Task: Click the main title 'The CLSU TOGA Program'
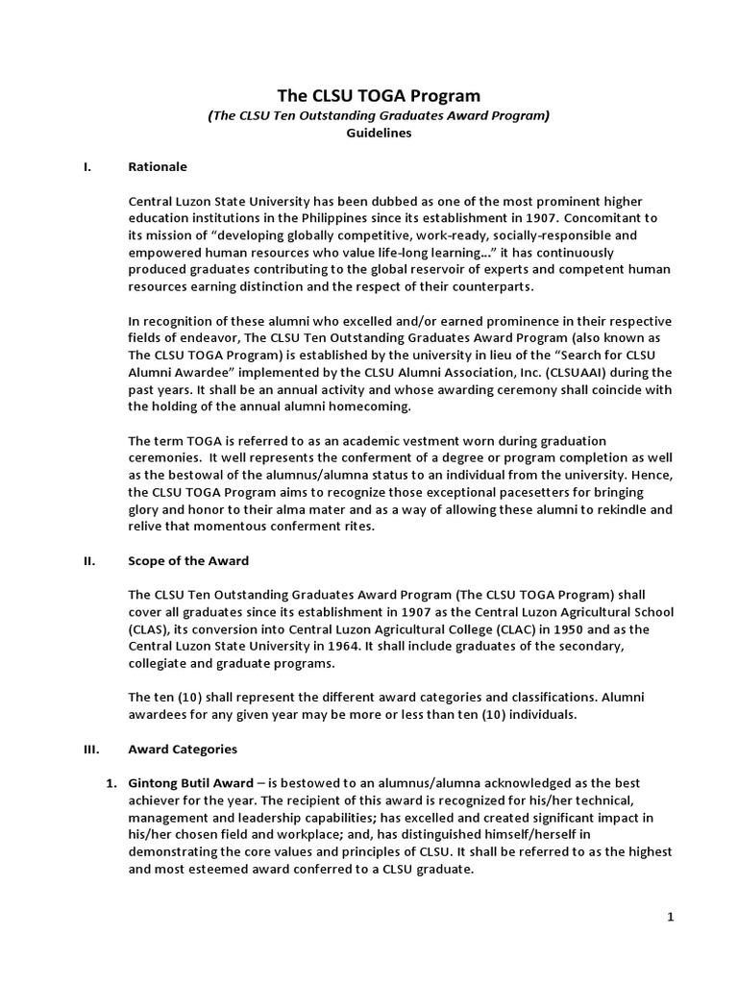378,95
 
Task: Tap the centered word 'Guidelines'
379,134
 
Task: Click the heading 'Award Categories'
183,749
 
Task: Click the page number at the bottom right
671,918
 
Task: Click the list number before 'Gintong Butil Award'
111,782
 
